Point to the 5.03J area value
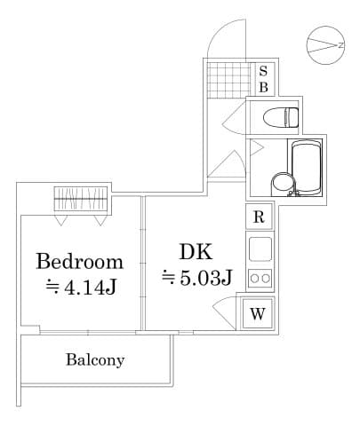point(196,278)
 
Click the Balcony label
point(95,360)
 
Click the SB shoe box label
point(264,78)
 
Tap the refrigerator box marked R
point(259,217)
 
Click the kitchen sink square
point(260,248)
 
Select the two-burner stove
point(260,278)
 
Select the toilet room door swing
point(233,116)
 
